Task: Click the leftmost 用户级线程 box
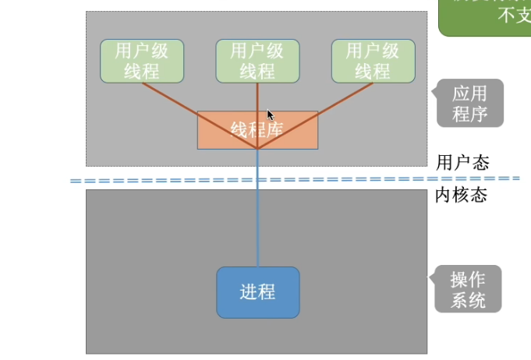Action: [x=142, y=61]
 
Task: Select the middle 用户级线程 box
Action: [x=257, y=61]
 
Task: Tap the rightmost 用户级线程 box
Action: [x=373, y=61]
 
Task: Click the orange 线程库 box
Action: [x=257, y=129]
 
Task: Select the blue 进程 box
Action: [x=257, y=292]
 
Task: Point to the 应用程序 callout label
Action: [x=469, y=104]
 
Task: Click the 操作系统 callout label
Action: [x=468, y=289]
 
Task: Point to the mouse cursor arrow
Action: [x=270, y=114]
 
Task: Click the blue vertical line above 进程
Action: [x=257, y=218]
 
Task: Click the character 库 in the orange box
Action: [x=274, y=129]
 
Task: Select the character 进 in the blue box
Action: [x=248, y=292]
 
